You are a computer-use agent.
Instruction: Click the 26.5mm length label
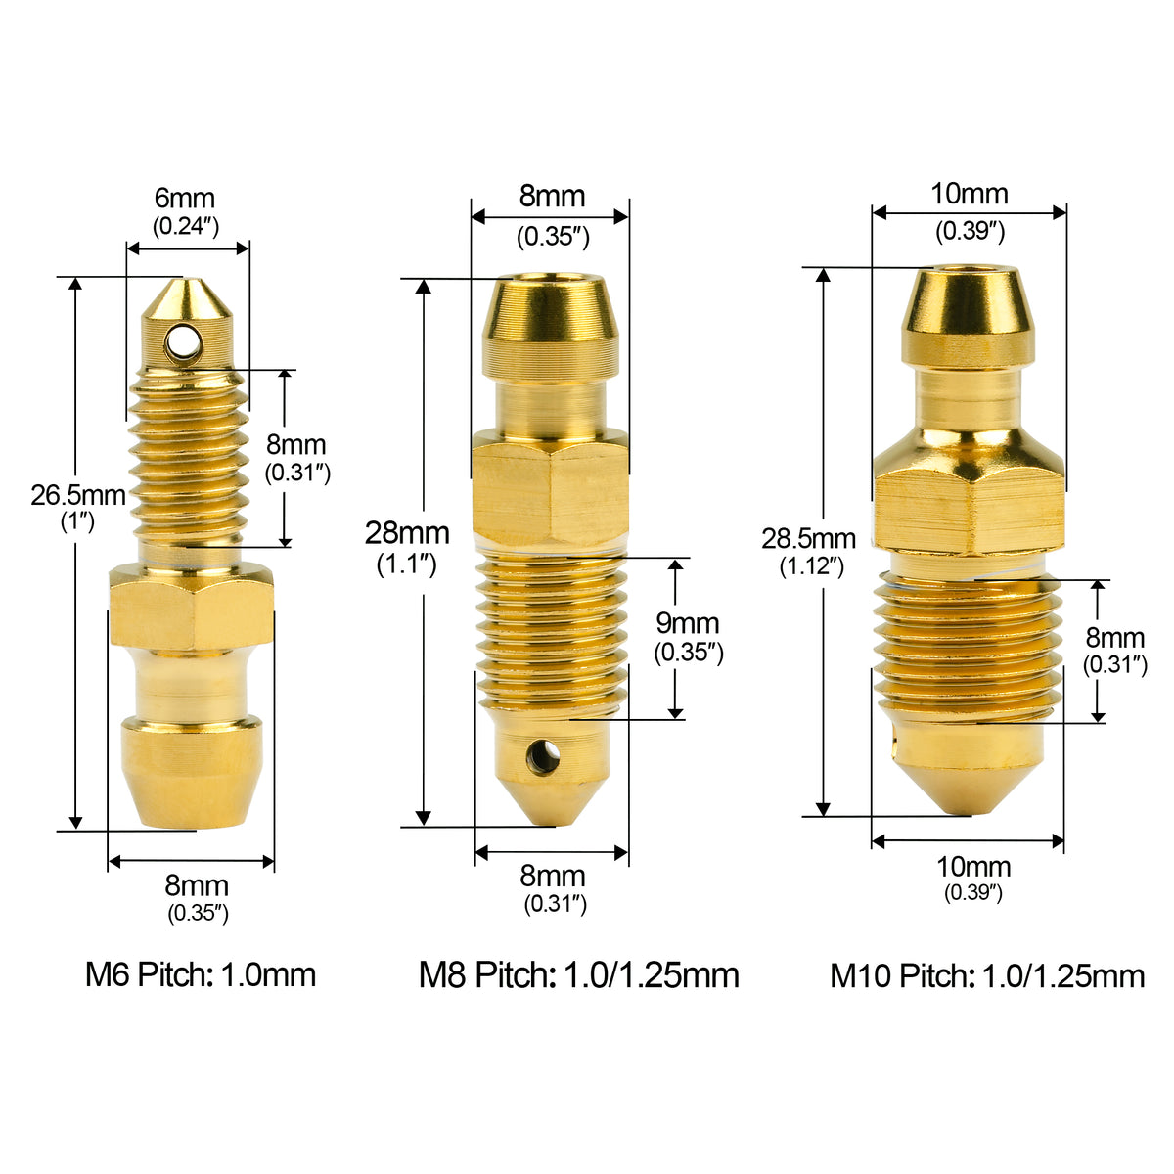(78, 496)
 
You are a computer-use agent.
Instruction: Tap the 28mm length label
(407, 534)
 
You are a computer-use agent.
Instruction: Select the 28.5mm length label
(808, 538)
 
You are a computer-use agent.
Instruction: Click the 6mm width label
(185, 198)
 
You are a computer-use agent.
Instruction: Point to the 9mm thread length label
(688, 623)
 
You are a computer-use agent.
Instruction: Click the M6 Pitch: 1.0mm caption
(201, 974)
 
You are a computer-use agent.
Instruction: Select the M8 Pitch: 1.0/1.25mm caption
(579, 974)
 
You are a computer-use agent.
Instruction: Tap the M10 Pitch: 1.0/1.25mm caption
(987, 975)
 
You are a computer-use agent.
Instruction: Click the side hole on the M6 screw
(182, 344)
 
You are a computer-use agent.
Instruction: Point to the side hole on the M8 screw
(543, 757)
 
